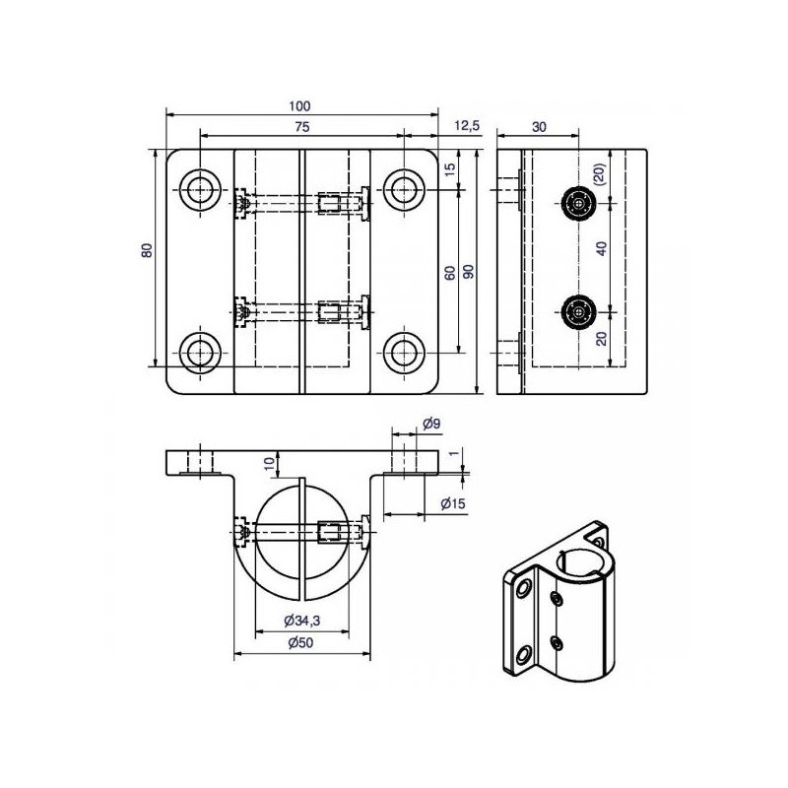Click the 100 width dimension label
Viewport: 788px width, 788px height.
299,106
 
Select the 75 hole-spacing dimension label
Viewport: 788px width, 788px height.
302,127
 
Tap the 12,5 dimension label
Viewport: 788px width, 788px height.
467,126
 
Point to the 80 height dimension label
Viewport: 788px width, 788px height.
147,250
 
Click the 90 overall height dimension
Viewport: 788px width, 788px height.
469,272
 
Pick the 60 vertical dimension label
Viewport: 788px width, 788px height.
450,273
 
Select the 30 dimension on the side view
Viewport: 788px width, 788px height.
539,127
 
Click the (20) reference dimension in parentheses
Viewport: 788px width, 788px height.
601,174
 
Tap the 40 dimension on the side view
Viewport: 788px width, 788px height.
602,248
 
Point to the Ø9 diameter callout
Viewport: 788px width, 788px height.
431,424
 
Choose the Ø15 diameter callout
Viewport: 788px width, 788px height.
453,503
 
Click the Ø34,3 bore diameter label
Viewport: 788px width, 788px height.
302,621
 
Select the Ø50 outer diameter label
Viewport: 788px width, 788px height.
300,642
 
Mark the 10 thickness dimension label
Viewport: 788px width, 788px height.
270,463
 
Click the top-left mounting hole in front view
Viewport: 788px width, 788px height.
200,190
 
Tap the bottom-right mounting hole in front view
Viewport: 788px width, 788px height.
405,353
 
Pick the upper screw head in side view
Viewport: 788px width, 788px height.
579,204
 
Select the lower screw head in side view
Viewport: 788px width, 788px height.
579,312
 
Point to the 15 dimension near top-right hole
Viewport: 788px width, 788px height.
450,168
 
